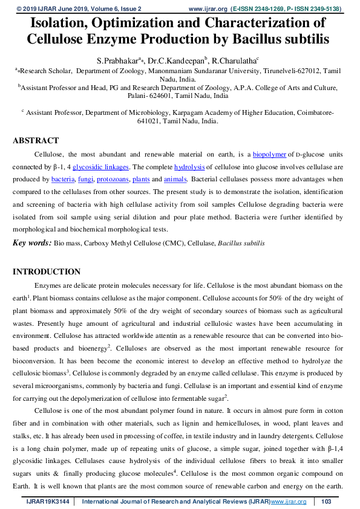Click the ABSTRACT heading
pyautogui.click(x=36, y=141)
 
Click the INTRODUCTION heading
pyautogui.click(x=47, y=271)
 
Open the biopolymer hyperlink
pyautogui.click(x=269, y=154)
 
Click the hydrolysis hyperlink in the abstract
pyautogui.click(x=189, y=167)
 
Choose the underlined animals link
pyautogui.click(x=176, y=180)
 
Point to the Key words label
pyautogui.click(x=32, y=243)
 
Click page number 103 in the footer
pyautogui.click(x=326, y=502)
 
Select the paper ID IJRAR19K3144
pyautogui.click(x=48, y=502)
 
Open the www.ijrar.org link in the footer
pyautogui.click(x=289, y=502)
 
